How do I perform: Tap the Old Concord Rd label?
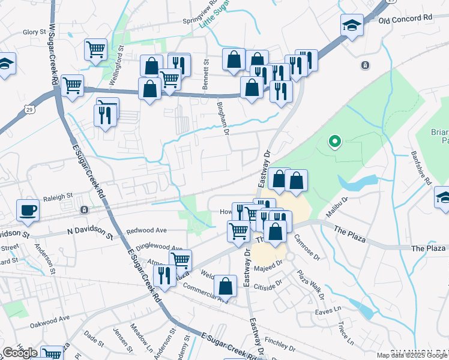coord(406,19)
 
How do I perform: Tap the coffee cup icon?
coord(28,210)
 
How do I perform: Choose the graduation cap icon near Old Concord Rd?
coord(352,26)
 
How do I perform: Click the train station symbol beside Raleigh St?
coord(84,209)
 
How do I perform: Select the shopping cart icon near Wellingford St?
coord(95,50)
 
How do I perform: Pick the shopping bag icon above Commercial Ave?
coord(225,286)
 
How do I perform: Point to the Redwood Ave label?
coord(146,230)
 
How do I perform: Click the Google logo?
coord(20,353)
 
